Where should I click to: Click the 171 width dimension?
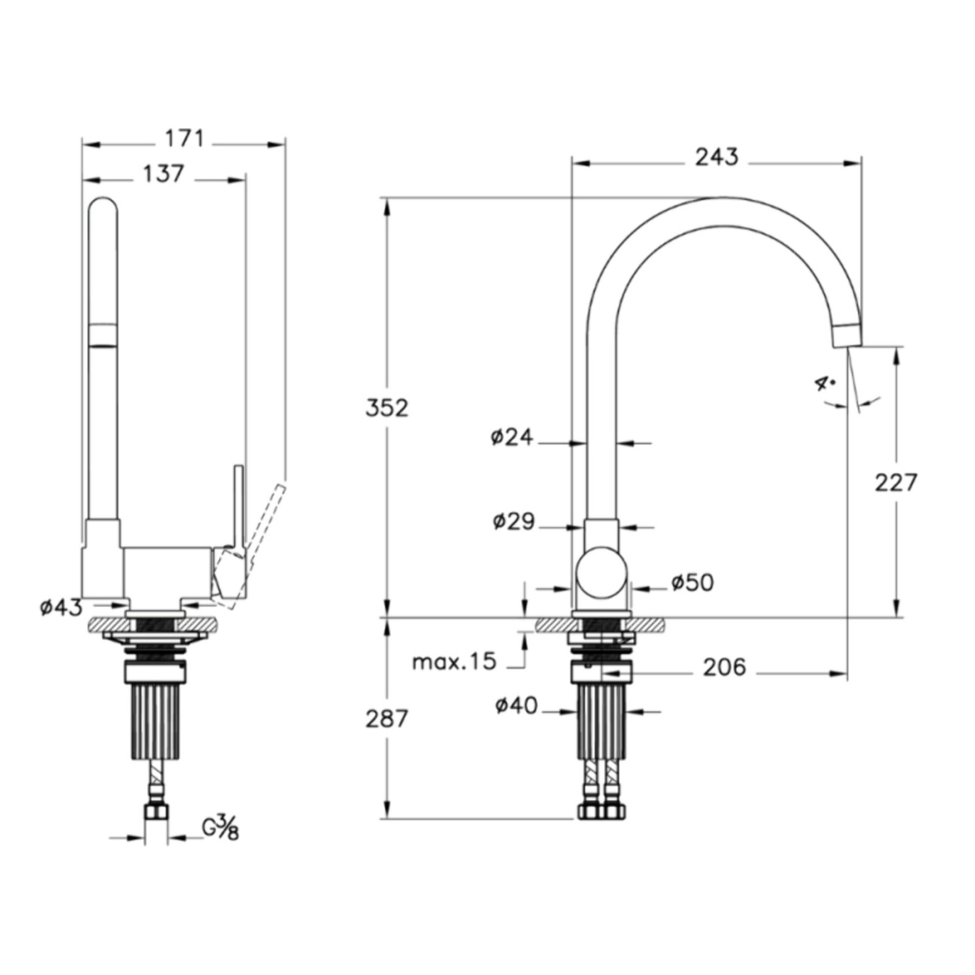(184, 139)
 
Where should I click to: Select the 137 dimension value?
(163, 174)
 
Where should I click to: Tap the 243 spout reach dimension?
(716, 157)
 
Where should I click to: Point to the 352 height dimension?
(387, 408)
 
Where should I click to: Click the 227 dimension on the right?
(895, 482)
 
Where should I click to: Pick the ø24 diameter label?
(512, 438)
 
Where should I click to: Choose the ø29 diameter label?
(514, 521)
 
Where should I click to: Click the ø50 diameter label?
(692, 582)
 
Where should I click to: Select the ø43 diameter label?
(61, 608)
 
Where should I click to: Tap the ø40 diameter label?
(516, 706)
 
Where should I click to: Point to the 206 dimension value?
(724, 667)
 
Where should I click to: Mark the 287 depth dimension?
(387, 718)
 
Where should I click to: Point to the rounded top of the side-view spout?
(103, 206)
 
